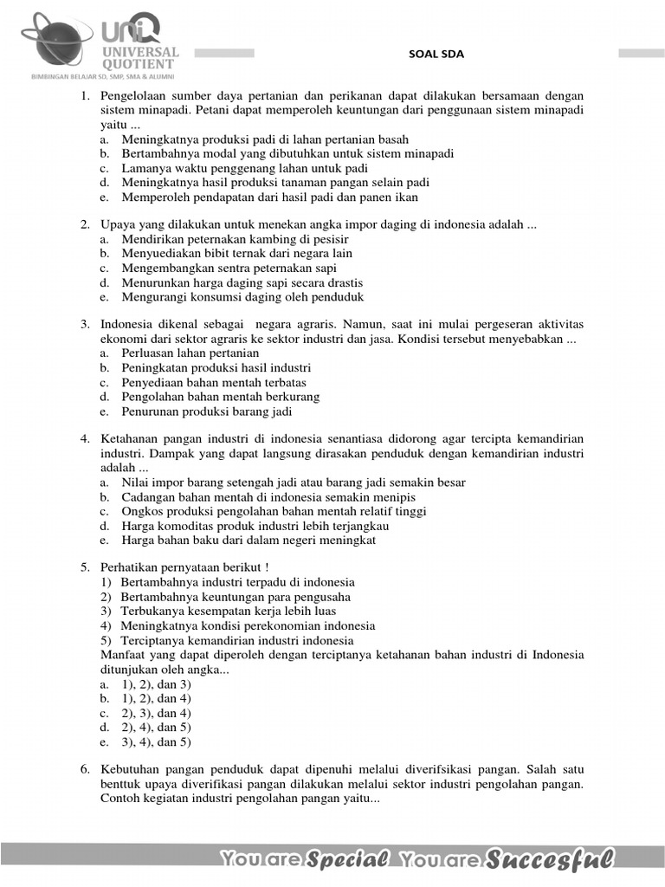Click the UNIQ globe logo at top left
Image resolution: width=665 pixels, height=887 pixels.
point(56,39)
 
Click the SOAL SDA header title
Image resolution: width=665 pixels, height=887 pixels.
point(436,54)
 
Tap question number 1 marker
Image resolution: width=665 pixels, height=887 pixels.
point(86,96)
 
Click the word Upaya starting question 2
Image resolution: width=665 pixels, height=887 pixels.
point(118,224)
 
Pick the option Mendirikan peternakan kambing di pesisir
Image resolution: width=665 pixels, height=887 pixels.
point(235,239)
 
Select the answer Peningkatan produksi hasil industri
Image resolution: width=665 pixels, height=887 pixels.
point(216,367)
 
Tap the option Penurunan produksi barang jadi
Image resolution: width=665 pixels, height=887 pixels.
point(206,411)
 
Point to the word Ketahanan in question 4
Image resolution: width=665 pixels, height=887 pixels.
point(130,439)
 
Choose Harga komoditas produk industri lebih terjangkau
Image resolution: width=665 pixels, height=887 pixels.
point(255,525)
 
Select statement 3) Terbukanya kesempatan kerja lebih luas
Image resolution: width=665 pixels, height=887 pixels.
point(228,611)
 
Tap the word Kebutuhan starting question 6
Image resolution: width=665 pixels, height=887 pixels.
point(132,769)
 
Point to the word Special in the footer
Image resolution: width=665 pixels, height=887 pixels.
point(347,859)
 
